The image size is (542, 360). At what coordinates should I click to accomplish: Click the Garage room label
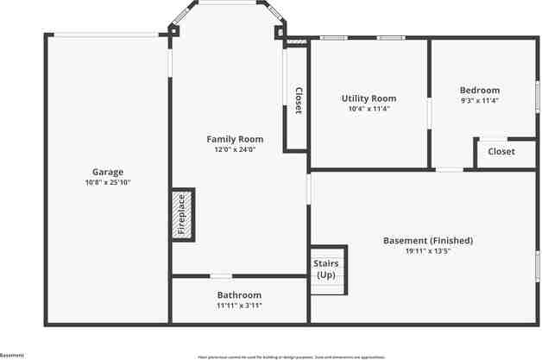[108, 172]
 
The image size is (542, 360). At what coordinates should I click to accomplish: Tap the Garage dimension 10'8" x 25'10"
[108, 183]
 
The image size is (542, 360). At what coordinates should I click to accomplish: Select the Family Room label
[235, 139]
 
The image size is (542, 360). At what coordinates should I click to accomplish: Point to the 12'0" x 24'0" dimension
[235, 149]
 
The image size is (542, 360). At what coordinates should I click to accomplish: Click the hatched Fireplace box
[183, 215]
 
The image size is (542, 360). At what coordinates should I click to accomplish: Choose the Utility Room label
[369, 99]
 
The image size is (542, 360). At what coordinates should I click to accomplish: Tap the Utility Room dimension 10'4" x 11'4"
[369, 110]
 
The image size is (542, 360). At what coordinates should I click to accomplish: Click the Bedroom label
[479, 91]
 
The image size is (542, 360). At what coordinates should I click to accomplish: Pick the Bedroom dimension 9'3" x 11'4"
[479, 101]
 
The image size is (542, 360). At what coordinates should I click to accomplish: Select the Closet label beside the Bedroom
[501, 152]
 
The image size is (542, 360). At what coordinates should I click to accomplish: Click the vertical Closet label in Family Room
[298, 102]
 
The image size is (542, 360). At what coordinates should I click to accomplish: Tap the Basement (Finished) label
[428, 241]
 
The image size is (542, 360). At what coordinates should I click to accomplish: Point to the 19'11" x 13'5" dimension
[428, 251]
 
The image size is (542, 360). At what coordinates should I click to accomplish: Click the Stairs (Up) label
[325, 268]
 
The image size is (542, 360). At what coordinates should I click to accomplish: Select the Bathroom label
[239, 295]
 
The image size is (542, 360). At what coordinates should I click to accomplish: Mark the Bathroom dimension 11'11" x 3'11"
[239, 306]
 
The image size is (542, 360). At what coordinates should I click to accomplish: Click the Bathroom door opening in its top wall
[221, 276]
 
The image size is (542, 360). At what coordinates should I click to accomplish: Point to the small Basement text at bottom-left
[12, 355]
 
